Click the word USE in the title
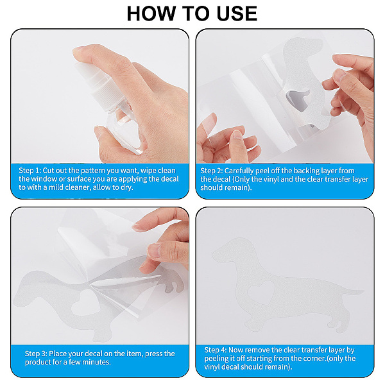(237, 13)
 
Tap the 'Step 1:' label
(30, 171)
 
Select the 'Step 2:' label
(211, 171)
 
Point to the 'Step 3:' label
(36, 354)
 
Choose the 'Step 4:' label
(216, 350)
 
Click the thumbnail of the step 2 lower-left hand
(236, 135)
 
